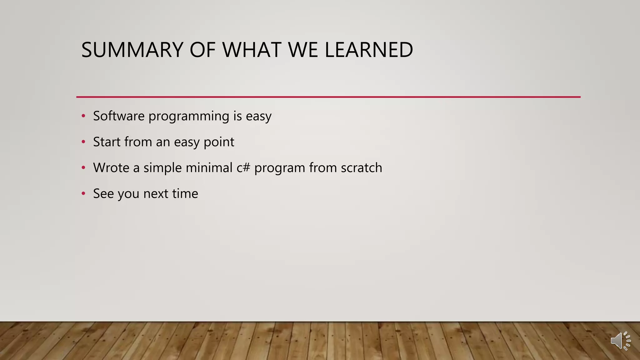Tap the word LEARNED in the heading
(x=369, y=50)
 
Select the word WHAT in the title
(x=251, y=50)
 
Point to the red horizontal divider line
(x=328, y=97)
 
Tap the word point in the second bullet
(x=219, y=142)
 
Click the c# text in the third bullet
(x=243, y=168)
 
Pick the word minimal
(x=209, y=168)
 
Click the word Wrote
(x=111, y=168)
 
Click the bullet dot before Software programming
(x=83, y=116)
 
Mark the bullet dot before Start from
(x=83, y=142)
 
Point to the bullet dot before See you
(x=83, y=194)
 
